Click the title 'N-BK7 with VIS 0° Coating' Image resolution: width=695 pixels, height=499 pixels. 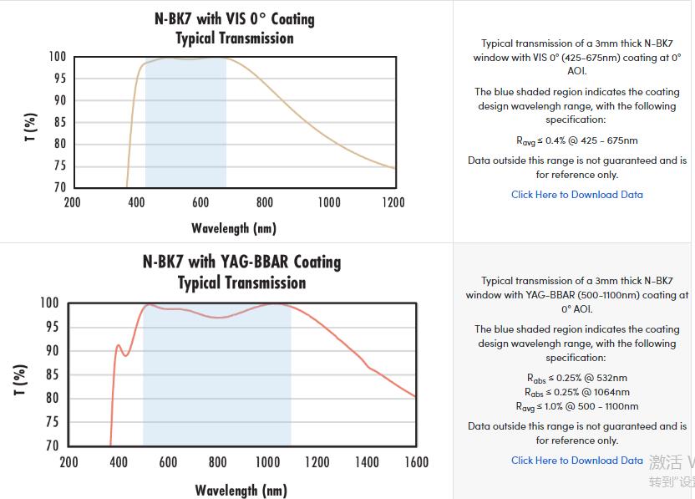click(235, 18)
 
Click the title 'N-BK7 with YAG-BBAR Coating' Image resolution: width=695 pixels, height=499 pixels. click(241, 262)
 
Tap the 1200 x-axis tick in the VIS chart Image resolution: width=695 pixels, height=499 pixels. click(393, 202)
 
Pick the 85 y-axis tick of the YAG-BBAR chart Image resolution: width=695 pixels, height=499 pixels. click(50, 374)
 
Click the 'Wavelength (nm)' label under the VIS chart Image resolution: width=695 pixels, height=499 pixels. click(234, 227)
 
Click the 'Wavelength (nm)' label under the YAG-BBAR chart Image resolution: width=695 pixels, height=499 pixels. click(241, 490)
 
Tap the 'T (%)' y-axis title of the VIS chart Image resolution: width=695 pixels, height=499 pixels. click(31, 127)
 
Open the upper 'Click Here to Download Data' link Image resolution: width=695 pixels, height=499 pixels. click(577, 195)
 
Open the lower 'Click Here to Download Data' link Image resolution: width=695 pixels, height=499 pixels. click(577, 461)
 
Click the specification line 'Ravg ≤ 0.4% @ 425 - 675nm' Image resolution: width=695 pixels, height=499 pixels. click(577, 141)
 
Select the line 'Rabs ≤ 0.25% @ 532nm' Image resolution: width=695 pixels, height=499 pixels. click(577, 378)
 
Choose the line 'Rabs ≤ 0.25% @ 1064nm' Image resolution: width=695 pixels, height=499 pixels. click(577, 392)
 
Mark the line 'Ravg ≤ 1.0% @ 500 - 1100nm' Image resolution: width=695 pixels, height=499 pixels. click(577, 406)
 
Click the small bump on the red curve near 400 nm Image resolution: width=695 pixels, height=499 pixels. click(119, 345)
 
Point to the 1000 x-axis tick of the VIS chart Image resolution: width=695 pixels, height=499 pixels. click(329, 202)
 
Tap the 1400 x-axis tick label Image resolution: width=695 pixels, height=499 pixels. click(366, 462)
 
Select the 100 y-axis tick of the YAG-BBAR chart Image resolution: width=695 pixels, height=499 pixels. click(50, 303)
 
